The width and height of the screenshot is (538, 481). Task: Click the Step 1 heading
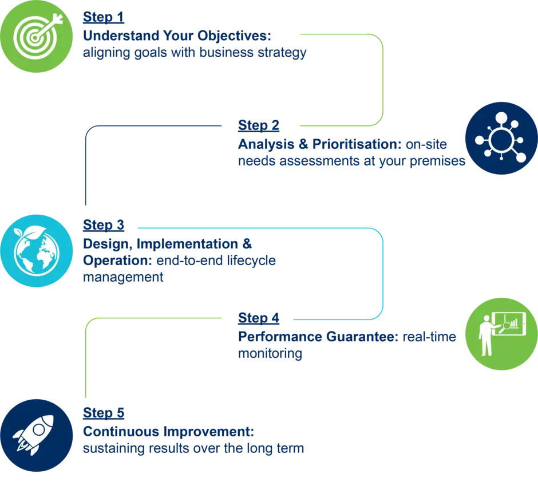point(104,16)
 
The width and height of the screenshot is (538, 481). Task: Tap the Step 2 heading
point(259,125)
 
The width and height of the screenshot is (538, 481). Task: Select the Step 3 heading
point(104,224)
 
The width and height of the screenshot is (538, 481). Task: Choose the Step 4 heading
point(259,318)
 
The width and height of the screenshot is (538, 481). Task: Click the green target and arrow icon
point(35,36)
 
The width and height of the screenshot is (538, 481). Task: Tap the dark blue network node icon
point(501,139)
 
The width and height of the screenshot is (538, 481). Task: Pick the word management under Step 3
point(123,278)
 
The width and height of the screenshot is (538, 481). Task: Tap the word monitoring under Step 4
point(270,354)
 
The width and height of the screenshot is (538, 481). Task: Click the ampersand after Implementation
point(247,243)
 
